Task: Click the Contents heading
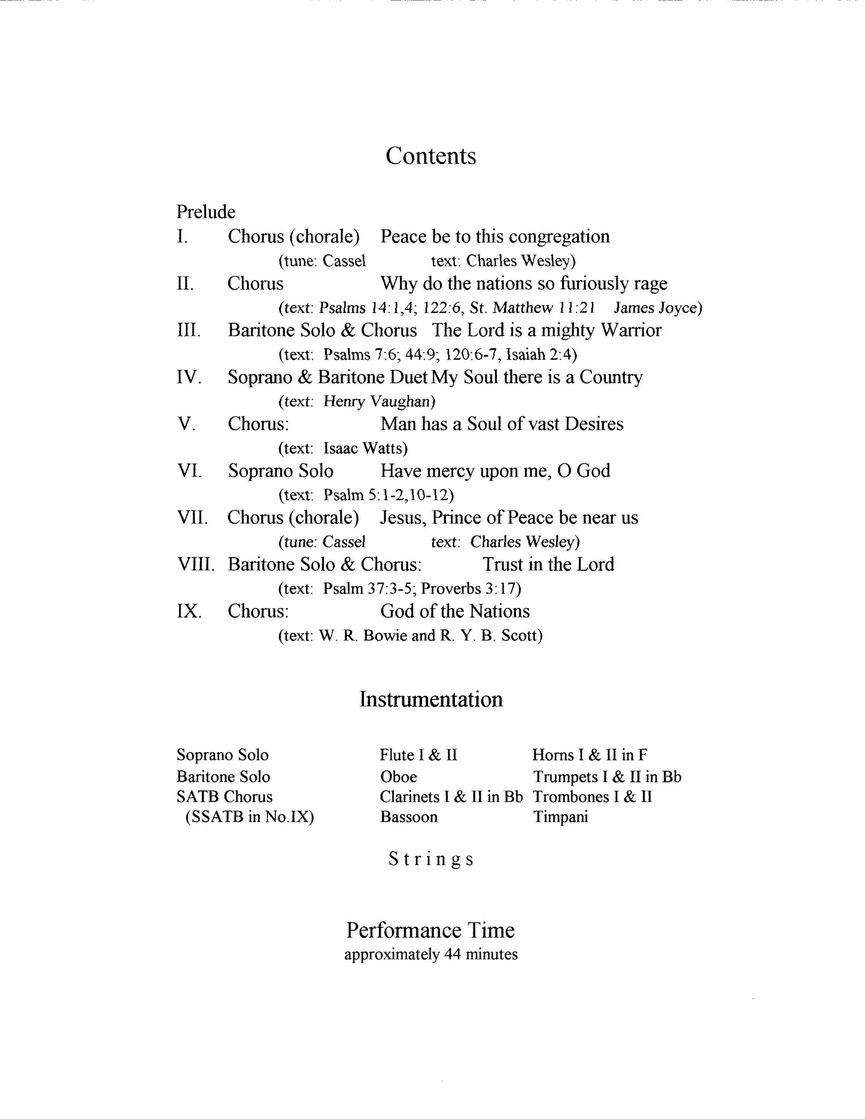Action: coord(430,156)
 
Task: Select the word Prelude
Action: coord(206,212)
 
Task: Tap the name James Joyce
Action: coord(655,308)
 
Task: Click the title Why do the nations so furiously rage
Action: coord(524,284)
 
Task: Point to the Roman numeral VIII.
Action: coord(195,564)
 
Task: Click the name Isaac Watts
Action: coord(363,448)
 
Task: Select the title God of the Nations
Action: coord(455,612)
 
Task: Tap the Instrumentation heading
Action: coord(431,700)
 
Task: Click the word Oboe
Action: coord(398,777)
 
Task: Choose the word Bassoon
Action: coord(408,817)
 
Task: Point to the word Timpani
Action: coord(560,817)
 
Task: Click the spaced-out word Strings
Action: coord(431,859)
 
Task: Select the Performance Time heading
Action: coord(430,931)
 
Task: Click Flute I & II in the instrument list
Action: coord(418,755)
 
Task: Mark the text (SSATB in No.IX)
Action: coord(250,817)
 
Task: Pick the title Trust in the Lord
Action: coord(548,564)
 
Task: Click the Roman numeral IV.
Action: coord(189,377)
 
